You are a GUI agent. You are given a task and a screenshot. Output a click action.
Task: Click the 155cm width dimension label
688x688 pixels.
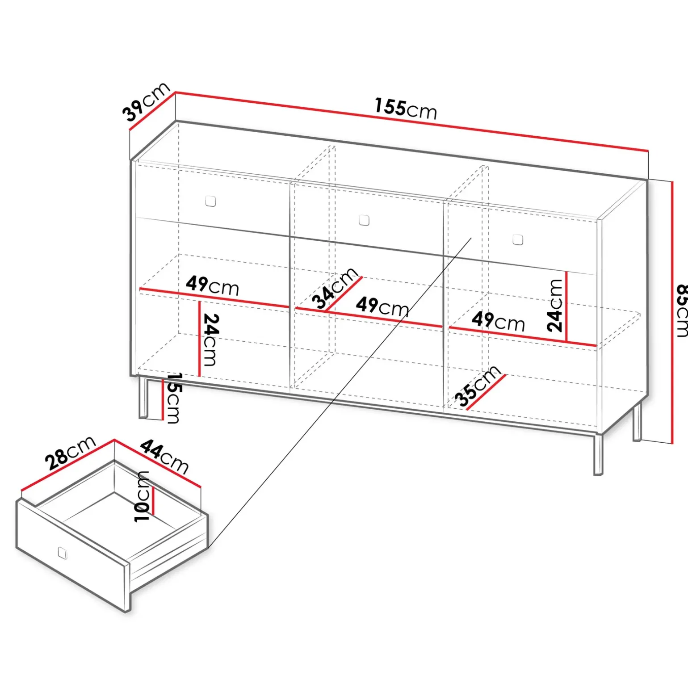pos(406,109)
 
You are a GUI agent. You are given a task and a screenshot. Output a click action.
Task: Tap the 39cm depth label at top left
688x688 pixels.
pos(146,102)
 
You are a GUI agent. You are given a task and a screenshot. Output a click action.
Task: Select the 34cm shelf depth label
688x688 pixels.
pos(335,288)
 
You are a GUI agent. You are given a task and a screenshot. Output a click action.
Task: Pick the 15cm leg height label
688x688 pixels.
pos(173,398)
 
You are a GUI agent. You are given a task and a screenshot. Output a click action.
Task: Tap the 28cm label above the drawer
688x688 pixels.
pos(70,453)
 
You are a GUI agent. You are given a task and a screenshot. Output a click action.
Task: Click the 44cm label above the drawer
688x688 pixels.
pos(164,457)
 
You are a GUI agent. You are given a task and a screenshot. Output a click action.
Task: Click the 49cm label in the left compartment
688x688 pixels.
pos(212,285)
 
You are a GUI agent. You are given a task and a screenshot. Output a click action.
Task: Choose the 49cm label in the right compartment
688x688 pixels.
pos(498,321)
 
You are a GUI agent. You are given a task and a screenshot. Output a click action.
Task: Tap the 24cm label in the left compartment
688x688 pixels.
pos(211,340)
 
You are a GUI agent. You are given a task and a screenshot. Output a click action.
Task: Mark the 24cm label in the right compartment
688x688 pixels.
pos(554,305)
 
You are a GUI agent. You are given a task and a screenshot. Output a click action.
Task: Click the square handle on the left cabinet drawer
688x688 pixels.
pos(210,201)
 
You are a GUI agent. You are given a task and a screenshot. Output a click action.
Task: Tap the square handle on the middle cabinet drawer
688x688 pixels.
pos(364,220)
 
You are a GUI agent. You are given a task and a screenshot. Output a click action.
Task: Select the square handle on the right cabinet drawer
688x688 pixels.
pos(518,239)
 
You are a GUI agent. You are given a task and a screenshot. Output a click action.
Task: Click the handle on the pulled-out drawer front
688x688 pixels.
pos(63,553)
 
